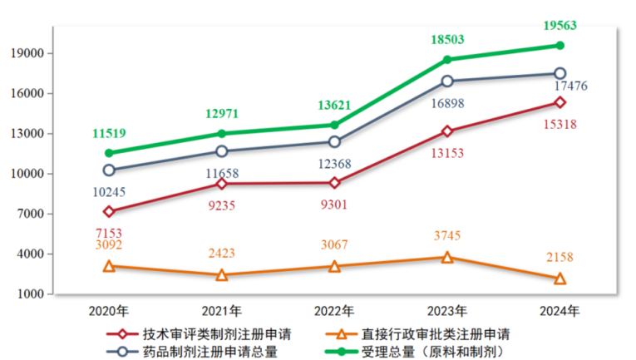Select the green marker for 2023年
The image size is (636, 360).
click(x=447, y=60)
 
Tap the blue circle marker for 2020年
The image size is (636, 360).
click(x=109, y=170)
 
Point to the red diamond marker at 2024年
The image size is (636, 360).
click(x=560, y=102)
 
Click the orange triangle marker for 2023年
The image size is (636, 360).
click(x=447, y=258)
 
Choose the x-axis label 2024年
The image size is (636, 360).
click(x=560, y=311)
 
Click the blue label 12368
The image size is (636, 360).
click(x=336, y=163)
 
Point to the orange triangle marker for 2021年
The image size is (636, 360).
click(x=222, y=274)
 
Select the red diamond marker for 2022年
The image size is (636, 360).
click(x=334, y=183)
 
